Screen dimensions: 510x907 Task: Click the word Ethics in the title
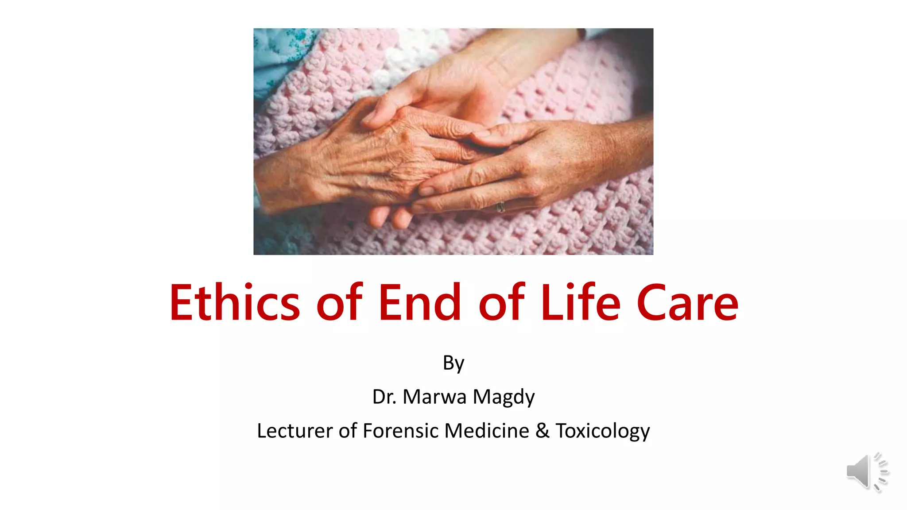click(235, 303)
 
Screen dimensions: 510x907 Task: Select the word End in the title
click(420, 303)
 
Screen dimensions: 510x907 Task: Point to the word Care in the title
click(687, 303)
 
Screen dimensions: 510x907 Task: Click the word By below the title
click(453, 363)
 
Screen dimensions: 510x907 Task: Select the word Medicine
click(487, 431)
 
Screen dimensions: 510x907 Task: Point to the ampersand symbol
click(542, 431)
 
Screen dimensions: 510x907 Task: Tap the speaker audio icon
click(867, 472)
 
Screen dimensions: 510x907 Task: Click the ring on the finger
click(501, 206)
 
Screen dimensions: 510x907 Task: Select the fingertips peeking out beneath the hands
click(390, 217)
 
